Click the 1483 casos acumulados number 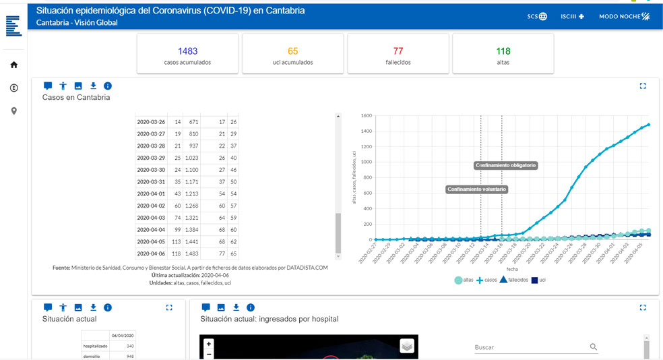point(187,51)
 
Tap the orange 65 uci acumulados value point(292,51)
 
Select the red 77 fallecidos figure point(398,51)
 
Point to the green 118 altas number point(503,51)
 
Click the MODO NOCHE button point(624,16)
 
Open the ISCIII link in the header point(572,16)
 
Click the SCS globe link point(537,16)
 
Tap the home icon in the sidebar point(13,65)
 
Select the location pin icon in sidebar point(13,111)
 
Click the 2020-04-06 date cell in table point(151,253)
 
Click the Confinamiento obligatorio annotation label point(506,165)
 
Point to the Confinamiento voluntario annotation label point(477,189)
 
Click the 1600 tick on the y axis point(366,115)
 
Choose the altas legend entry point(464,280)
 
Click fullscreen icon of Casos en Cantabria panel point(642,86)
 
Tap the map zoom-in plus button point(209,344)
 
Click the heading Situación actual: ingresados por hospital point(269,319)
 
